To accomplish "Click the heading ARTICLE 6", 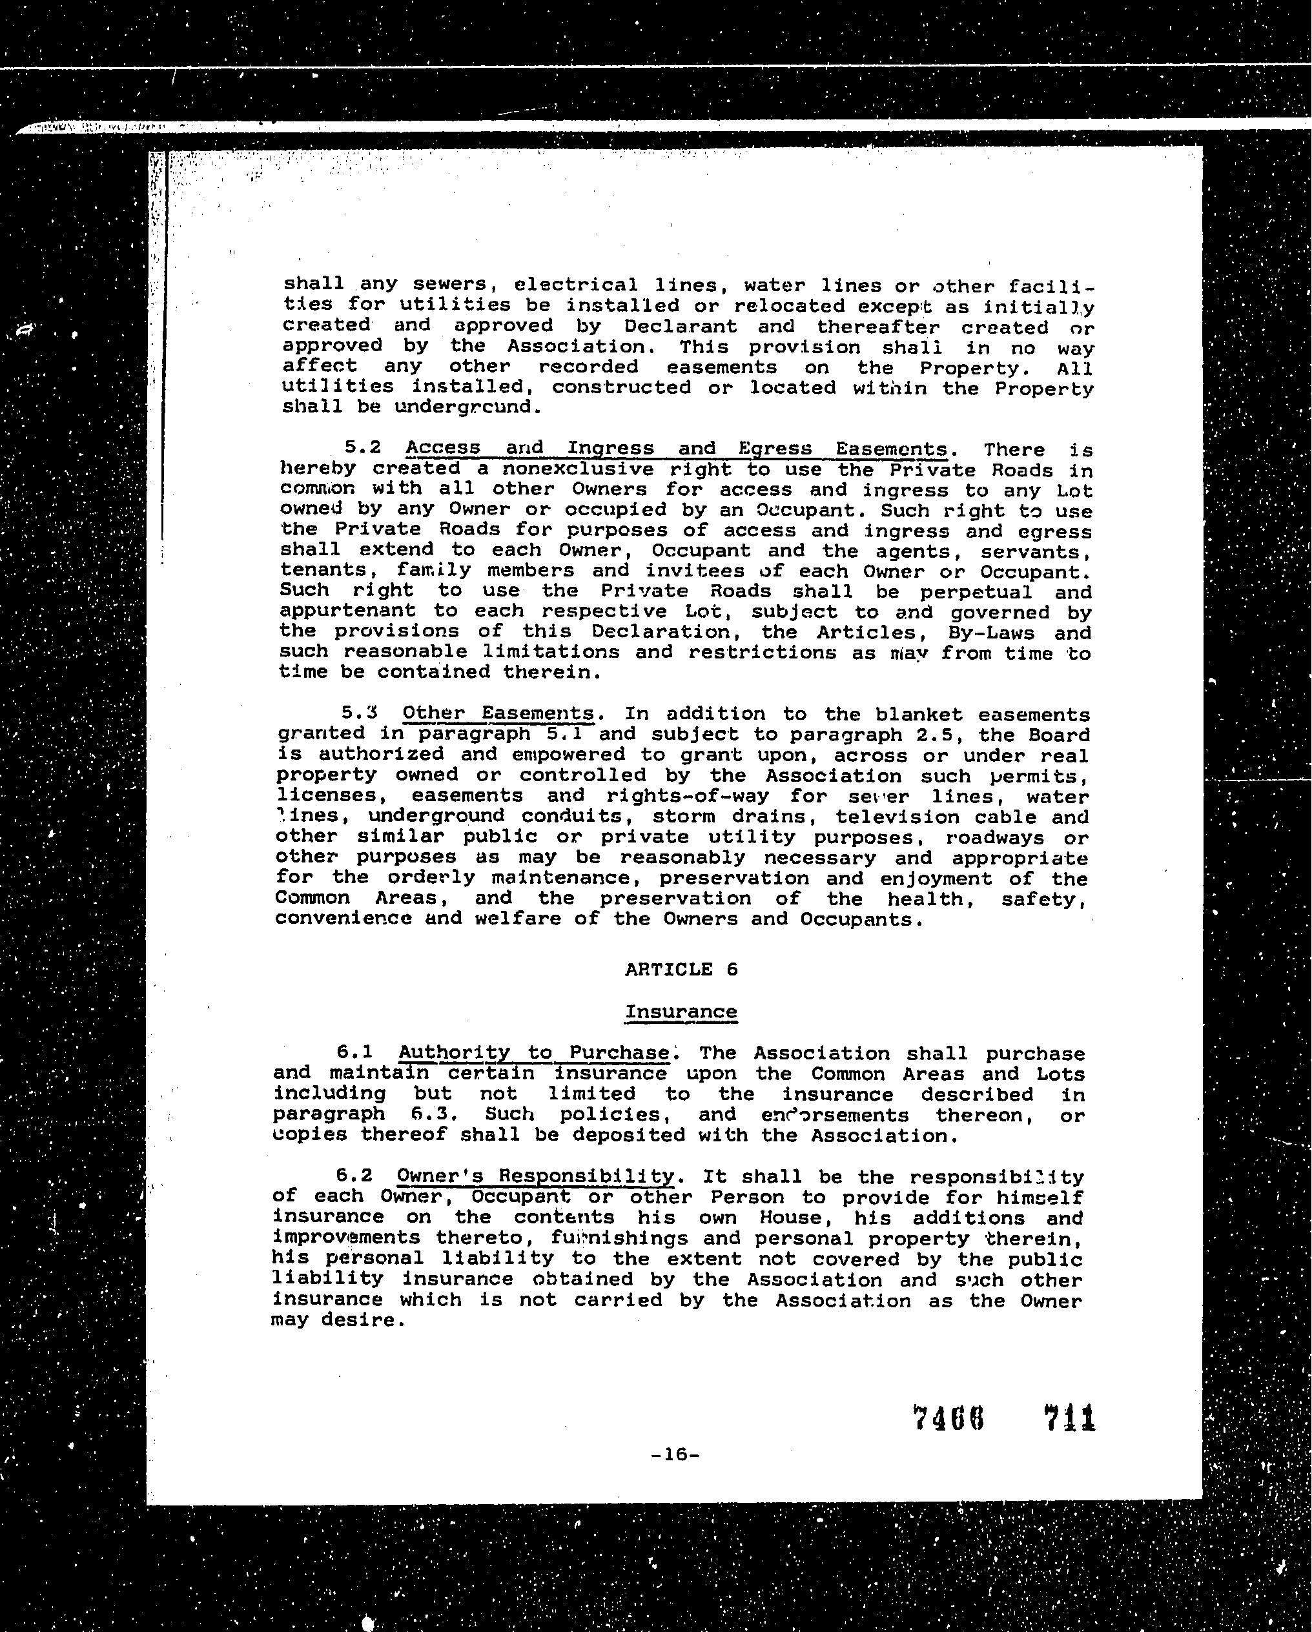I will tap(681, 970).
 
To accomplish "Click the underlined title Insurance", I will tap(681, 1012).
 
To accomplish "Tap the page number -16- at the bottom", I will tap(675, 1454).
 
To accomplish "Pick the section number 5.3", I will tap(360, 713).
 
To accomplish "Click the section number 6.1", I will tap(356, 1052).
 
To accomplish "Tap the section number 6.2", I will tap(355, 1176).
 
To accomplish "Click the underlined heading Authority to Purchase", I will tap(534, 1053).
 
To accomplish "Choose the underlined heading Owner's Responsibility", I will tap(535, 1176).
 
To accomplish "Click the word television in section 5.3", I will tap(896, 817).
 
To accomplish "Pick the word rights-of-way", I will tap(688, 797).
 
